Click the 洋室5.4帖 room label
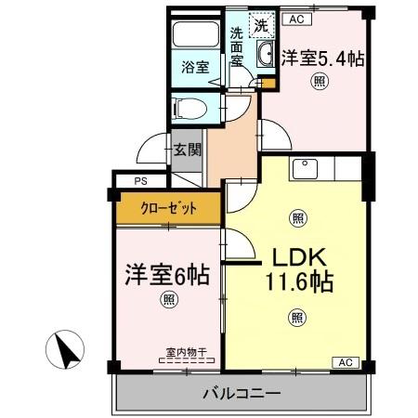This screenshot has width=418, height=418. [x=322, y=57]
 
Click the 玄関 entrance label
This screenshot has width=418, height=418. [x=187, y=150]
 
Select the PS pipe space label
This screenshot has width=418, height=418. [x=140, y=181]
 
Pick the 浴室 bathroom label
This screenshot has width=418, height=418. [x=194, y=68]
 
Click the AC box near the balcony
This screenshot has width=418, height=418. [x=344, y=362]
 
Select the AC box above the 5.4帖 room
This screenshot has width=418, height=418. [x=296, y=17]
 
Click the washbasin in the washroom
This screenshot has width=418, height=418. [x=265, y=52]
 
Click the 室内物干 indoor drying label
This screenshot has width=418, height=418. [x=185, y=351]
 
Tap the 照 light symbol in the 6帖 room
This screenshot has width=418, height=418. [x=167, y=300]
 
